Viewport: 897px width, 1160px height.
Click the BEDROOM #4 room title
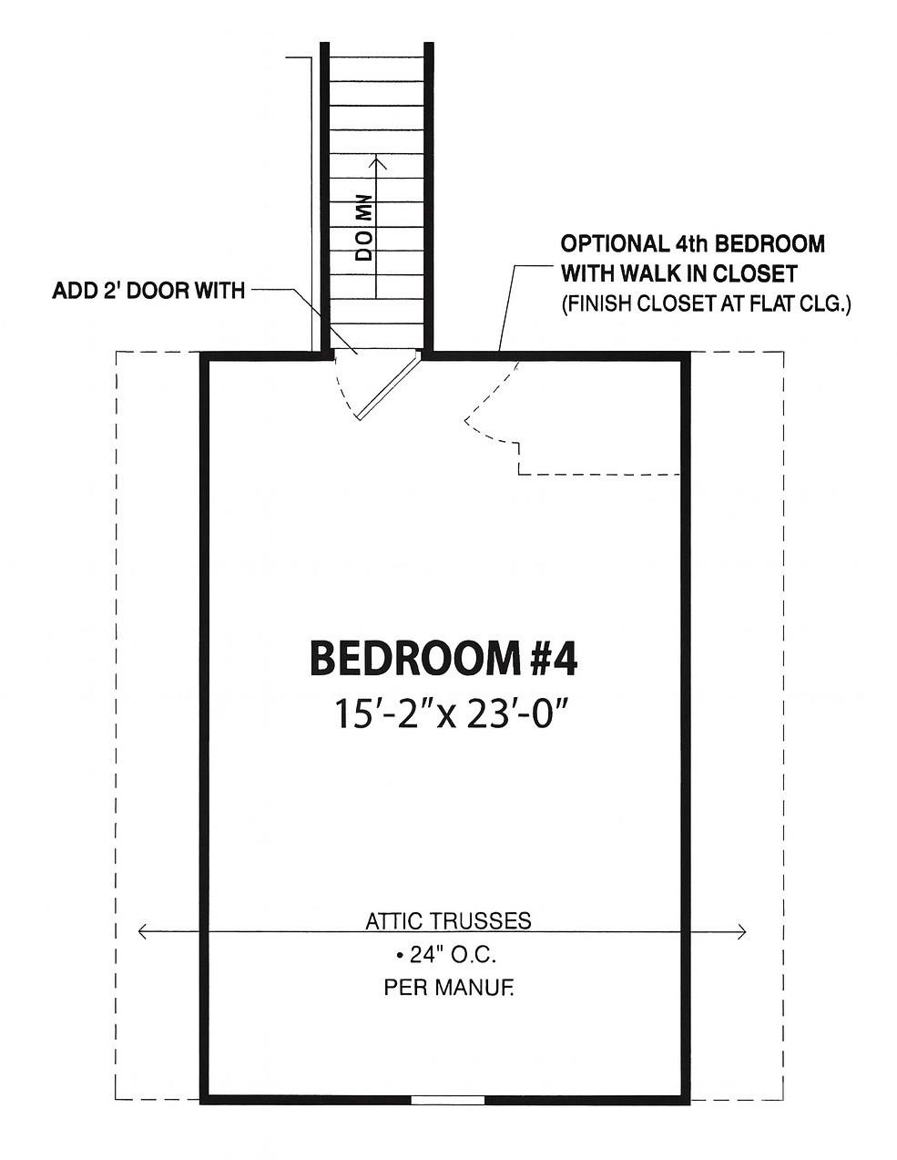443,658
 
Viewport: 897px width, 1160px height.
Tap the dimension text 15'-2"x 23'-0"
445,714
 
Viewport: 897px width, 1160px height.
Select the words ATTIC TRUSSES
448,920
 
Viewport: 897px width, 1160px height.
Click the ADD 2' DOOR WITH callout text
148,291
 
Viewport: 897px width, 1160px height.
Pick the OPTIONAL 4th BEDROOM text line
692,244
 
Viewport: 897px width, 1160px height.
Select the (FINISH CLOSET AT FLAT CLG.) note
705,303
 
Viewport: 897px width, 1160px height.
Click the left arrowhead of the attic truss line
142,931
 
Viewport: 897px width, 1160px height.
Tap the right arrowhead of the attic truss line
742,931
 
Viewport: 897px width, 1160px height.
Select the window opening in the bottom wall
447,1100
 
